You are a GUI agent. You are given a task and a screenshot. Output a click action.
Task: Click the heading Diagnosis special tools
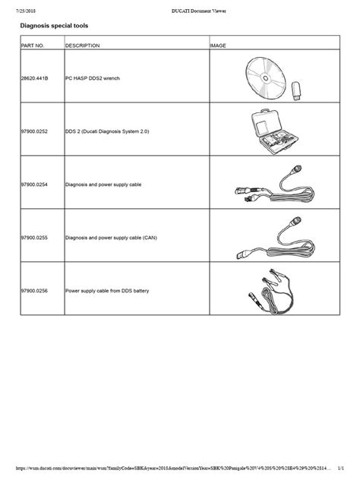coord(54,26)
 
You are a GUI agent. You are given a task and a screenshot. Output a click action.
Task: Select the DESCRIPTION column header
coord(83,46)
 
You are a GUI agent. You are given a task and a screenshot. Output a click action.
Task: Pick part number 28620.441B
coord(37,77)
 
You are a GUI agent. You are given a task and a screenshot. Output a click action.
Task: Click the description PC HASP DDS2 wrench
coord(93,77)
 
